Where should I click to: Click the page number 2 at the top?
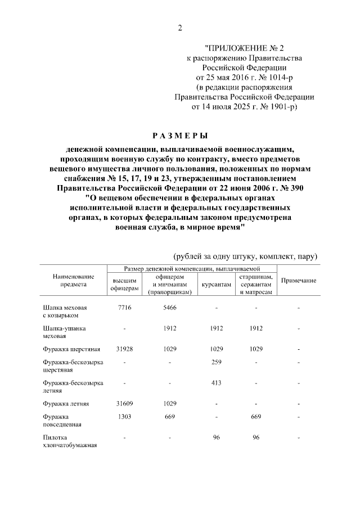[180, 28]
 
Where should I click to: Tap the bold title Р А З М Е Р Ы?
[180, 136]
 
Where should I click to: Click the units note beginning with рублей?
[246, 256]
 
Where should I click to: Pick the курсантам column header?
[216, 285]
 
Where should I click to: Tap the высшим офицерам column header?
[124, 284]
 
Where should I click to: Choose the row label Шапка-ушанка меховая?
[63, 332]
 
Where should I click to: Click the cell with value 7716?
[124, 308]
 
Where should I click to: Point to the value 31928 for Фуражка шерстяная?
[124, 349]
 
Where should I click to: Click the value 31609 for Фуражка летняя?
[124, 404]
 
